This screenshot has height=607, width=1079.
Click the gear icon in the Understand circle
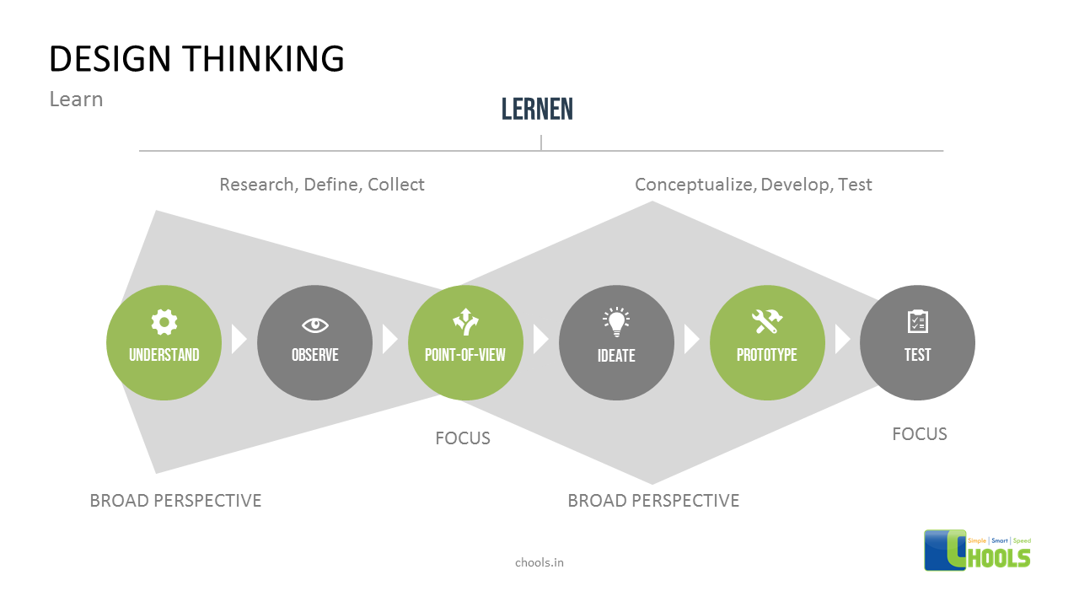coord(164,321)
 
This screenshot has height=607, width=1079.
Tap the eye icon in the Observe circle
coord(314,325)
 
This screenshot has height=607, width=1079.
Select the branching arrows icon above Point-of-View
coord(465,321)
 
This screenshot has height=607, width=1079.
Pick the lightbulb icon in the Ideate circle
coord(616,321)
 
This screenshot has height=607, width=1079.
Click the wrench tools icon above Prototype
coord(767,321)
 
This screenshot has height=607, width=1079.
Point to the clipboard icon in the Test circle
coord(917,321)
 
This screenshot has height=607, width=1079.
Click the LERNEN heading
coord(537,109)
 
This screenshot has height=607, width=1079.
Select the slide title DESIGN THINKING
coord(196,59)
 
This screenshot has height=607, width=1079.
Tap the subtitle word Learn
coord(76,99)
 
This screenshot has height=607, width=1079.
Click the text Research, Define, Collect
coord(322,185)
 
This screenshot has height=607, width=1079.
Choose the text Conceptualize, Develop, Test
coord(754,185)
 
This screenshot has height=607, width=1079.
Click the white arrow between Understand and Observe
coord(239,340)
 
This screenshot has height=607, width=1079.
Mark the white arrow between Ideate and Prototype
coord(691,340)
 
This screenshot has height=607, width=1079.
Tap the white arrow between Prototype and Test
coord(842,340)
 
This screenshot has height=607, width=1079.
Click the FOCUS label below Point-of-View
coord(463,438)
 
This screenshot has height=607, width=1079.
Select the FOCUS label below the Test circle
coord(920,434)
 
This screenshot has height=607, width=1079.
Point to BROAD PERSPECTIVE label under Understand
coord(175,501)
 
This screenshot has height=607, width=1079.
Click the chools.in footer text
coord(539,562)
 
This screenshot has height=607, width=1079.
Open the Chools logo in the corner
coord(978,550)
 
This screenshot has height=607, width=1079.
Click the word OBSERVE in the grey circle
coord(314,355)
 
